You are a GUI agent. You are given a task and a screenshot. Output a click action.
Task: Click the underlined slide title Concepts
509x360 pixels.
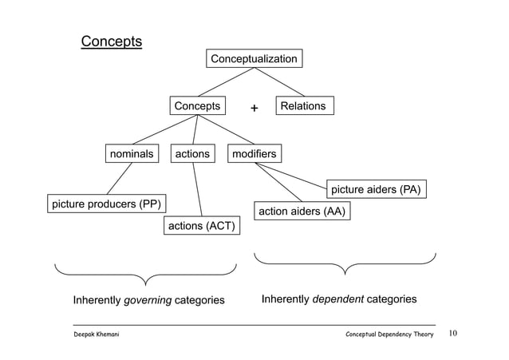[111, 41]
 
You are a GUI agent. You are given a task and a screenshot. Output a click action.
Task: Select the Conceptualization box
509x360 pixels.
[254, 59]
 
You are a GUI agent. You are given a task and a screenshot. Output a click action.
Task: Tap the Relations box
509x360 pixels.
[305, 106]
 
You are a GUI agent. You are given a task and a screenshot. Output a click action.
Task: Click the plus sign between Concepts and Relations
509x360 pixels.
[254, 108]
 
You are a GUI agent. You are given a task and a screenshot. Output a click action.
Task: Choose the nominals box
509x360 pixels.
[131, 153]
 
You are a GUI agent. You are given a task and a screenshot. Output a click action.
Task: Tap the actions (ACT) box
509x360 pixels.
[201, 227]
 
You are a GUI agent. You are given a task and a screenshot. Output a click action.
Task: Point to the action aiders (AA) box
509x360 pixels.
[303, 212]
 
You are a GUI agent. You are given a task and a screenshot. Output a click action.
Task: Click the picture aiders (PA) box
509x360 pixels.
[376, 190]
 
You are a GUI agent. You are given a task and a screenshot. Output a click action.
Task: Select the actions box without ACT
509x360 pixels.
[192, 153]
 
